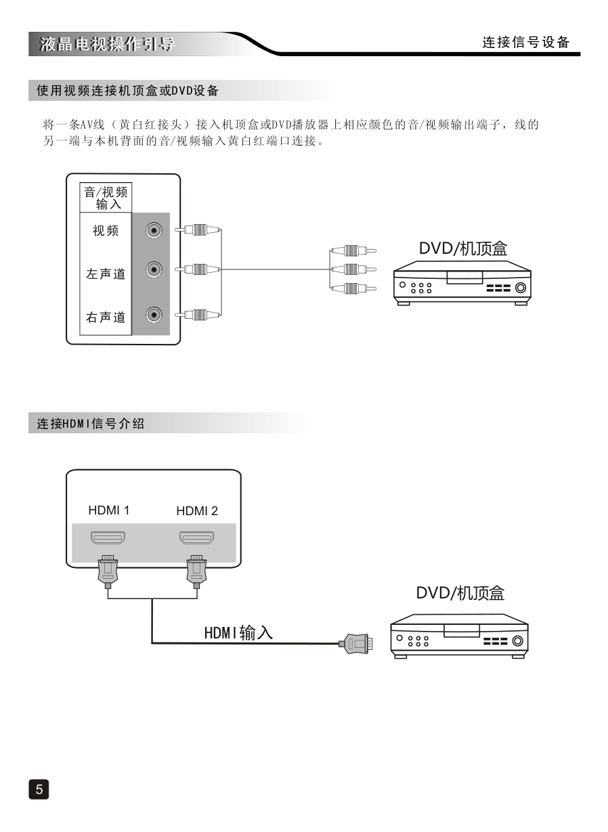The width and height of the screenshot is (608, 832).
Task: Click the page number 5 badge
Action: pos(39,789)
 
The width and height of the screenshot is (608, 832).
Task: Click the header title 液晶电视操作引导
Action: pos(108,45)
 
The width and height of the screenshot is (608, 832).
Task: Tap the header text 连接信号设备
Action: pos(526,42)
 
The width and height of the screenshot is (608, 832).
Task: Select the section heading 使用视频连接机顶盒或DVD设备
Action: pos(128,90)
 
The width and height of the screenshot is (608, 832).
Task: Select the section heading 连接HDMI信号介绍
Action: pos(90,424)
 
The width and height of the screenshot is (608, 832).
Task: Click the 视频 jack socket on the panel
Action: pos(155,231)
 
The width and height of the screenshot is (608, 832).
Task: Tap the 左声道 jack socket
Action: pos(155,270)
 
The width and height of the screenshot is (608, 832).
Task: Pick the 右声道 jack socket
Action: pos(155,314)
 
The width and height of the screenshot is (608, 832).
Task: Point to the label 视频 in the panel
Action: pos(106,232)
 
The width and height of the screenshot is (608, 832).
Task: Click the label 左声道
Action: pos(106,274)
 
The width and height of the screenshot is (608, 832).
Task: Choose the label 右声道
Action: pos(106,317)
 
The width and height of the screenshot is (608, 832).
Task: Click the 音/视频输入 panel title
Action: pos(106,198)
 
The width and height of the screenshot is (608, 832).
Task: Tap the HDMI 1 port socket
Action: pos(108,539)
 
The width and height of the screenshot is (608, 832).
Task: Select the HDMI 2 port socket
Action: pos(196,539)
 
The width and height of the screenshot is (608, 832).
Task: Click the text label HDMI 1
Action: pos(108,510)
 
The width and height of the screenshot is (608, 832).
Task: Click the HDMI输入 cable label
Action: pos(238,633)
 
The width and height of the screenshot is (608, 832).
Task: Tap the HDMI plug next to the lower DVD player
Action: pos(357,642)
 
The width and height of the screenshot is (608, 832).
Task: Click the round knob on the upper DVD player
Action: pos(520,288)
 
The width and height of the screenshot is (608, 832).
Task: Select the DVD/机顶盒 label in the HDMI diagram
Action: pos(460,594)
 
